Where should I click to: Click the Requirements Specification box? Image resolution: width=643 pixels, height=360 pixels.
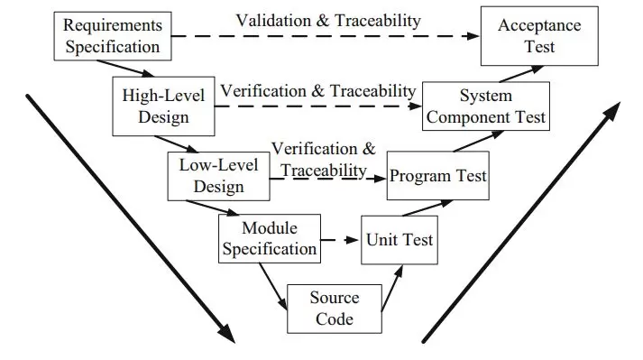click(113, 36)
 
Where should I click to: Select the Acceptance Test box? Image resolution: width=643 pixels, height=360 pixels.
click(539, 36)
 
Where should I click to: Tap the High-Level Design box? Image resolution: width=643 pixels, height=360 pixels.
click(163, 106)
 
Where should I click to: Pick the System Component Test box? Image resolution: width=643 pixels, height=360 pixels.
click(486, 106)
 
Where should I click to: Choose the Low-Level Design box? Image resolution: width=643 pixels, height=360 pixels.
click(218, 176)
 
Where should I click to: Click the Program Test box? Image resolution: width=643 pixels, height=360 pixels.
click(438, 176)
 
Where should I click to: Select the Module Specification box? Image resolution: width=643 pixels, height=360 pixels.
click(270, 238)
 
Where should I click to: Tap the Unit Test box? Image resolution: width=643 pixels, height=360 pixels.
click(400, 240)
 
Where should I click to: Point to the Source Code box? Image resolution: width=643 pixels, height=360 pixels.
click(335, 309)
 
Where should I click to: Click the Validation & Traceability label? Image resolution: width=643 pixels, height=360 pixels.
click(328, 21)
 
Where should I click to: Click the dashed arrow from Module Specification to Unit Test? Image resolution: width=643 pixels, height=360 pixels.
click(340, 240)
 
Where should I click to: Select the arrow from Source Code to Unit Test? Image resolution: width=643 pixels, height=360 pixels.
click(392, 288)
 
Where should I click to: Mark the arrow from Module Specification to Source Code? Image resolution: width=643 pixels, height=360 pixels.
click(272, 286)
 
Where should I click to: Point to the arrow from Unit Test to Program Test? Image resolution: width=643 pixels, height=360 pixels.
click(427, 208)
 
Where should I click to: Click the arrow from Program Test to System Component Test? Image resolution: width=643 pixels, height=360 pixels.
click(479, 141)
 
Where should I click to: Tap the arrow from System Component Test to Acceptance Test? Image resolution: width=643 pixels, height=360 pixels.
click(521, 74)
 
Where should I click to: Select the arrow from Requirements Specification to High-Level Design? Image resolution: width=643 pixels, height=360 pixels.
click(125, 69)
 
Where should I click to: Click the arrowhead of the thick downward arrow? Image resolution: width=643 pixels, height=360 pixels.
click(226, 334)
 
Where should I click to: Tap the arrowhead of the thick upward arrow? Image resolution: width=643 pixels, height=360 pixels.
click(612, 112)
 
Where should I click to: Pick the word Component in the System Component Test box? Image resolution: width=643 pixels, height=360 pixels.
click(469, 117)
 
